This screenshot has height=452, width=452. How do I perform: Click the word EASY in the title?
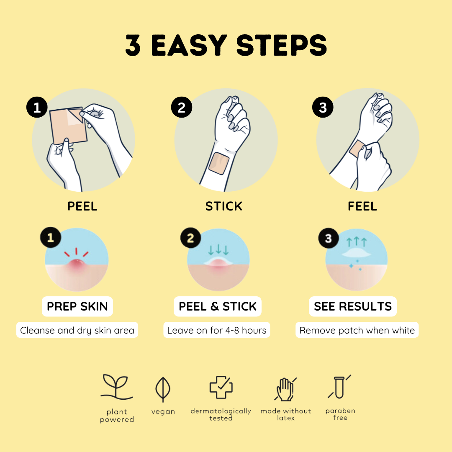coord(190,45)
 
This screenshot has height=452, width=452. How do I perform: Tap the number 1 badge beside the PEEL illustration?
coord(37,107)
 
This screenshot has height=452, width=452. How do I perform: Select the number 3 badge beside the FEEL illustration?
coord(323,107)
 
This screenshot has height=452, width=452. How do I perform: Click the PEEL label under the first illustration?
coord(82,206)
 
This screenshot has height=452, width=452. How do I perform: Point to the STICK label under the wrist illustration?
coord(223,206)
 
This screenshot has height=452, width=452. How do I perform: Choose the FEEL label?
coord(362,206)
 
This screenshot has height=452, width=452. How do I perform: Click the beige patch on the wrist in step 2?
coord(219,164)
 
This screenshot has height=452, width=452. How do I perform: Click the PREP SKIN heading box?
coord(77,306)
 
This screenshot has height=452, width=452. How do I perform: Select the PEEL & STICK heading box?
coord(218,306)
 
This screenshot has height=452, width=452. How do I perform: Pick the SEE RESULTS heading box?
coord(353,306)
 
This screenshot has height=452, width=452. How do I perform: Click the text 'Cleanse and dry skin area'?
coord(77,330)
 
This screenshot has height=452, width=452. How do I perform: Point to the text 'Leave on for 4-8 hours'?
coord(217,330)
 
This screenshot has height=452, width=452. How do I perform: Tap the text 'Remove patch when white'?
coord(357,330)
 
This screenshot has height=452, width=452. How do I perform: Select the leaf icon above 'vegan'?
coord(163,389)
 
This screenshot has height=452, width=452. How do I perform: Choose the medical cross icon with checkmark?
coord(221,387)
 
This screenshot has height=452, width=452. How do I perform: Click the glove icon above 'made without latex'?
coord(285,389)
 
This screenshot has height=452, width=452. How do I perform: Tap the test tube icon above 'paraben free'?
coord(339,387)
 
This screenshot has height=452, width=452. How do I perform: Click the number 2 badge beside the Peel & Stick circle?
coord(190,238)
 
